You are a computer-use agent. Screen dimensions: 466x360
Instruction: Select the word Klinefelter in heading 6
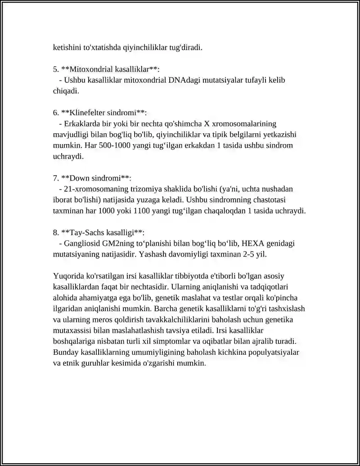click(87, 113)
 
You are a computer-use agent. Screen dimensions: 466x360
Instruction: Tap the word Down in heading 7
click(78, 178)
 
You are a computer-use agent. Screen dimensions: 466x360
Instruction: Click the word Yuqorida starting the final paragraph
click(68, 276)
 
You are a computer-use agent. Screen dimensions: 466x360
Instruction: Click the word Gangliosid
click(82, 243)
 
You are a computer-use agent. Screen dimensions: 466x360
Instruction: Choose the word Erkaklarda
click(83, 123)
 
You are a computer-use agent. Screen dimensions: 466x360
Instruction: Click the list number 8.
click(55, 232)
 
